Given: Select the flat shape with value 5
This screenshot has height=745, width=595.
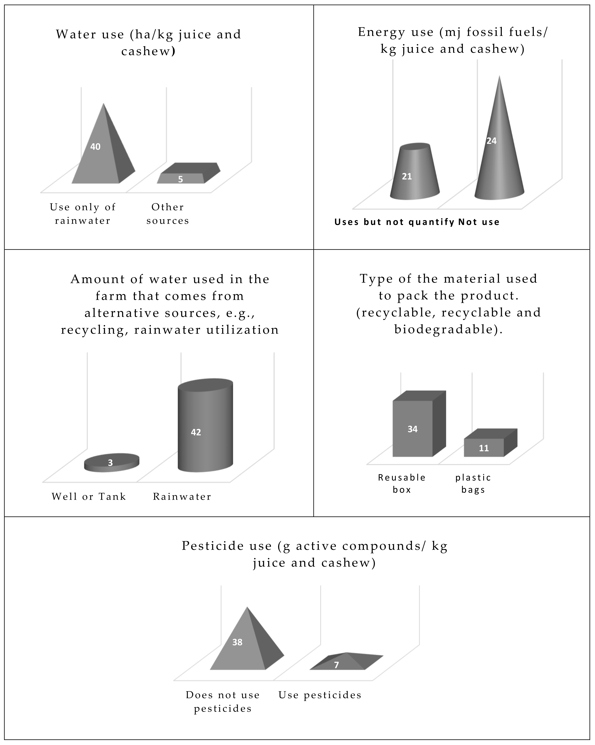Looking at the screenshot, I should coord(187,174).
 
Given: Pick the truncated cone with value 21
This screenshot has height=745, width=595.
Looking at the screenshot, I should coord(415,173).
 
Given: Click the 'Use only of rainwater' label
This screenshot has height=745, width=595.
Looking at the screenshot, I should coord(83,214).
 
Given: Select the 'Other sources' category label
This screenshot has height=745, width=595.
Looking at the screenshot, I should coord(168,214).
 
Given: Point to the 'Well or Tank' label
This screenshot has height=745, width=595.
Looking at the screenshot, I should coord(89,497).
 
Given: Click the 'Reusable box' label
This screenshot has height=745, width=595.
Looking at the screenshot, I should coord(402,483).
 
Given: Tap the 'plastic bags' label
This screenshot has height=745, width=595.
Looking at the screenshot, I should coord(473,483).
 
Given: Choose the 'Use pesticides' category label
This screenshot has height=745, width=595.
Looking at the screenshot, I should coord(320,695).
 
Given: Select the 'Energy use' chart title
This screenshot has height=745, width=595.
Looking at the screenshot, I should coord(453,40).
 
